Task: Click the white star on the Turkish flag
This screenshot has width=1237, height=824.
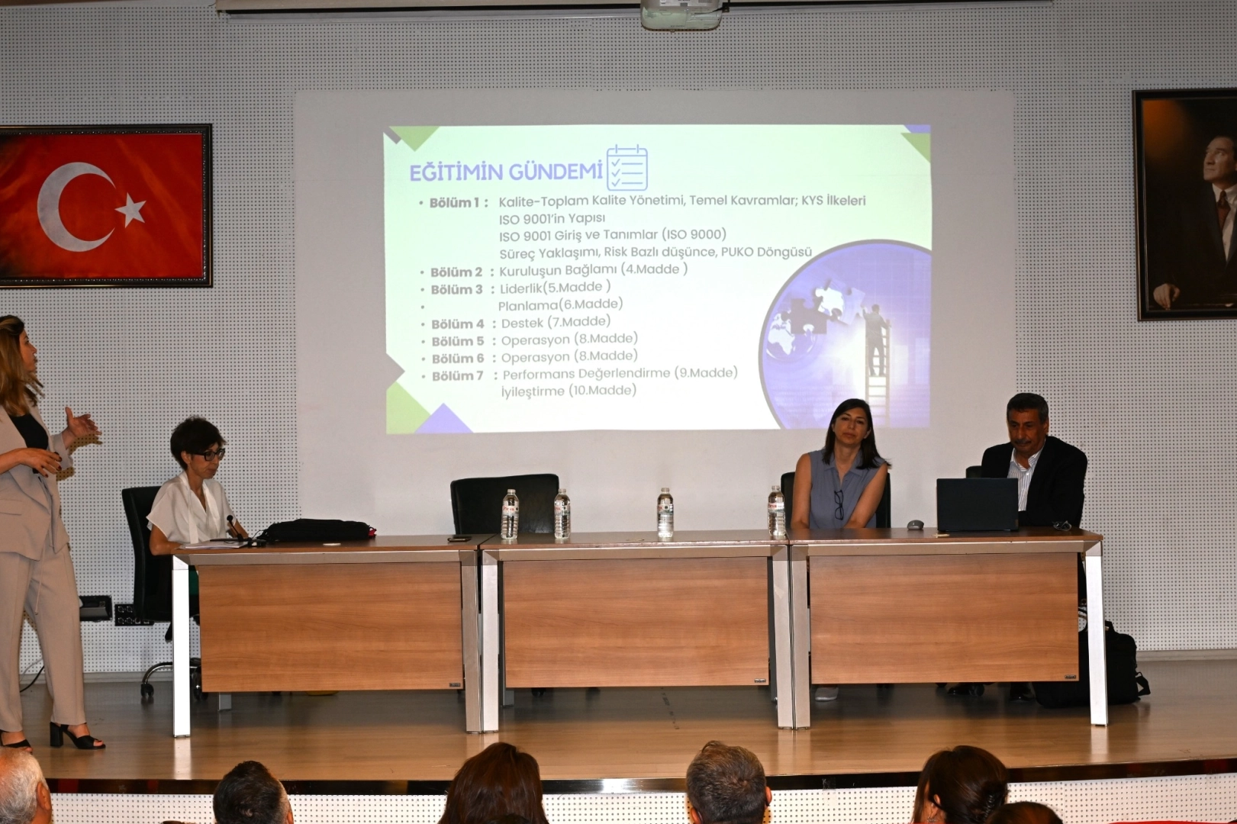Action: [131, 209]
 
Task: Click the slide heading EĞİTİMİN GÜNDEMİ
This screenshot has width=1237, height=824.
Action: [505, 172]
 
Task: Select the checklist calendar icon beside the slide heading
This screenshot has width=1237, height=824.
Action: [627, 167]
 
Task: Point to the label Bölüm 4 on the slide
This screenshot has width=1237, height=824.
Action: [458, 324]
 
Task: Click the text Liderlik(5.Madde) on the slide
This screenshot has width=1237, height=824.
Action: [555, 288]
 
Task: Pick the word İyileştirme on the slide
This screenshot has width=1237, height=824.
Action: [533, 391]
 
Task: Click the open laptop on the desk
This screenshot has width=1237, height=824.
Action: [978, 505]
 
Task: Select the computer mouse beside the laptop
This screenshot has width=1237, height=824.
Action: [915, 525]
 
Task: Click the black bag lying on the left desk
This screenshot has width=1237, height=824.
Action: [317, 530]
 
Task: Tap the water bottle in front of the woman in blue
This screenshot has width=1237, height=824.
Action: [776, 512]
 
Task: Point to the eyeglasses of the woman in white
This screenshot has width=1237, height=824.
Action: [209, 455]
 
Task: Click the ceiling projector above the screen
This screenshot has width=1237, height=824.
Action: [681, 14]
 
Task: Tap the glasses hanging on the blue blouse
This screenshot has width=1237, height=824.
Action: [839, 504]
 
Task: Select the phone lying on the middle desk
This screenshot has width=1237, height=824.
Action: [459, 538]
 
